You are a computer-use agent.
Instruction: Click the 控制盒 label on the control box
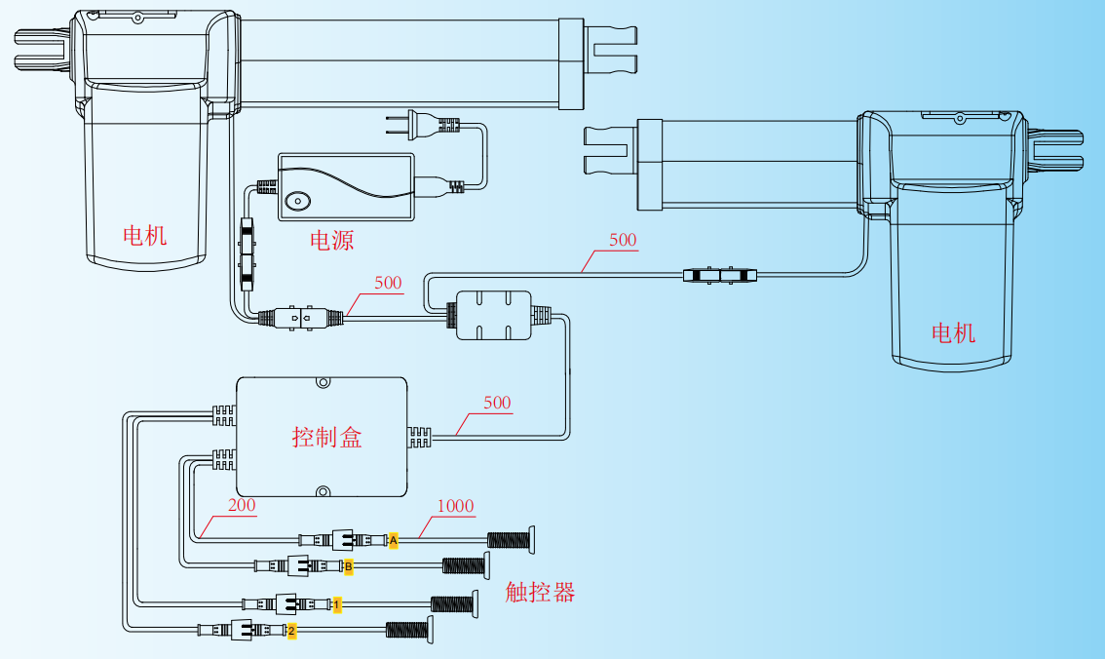point(326,437)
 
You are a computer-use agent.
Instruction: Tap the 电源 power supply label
point(331,240)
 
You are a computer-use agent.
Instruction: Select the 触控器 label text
point(540,592)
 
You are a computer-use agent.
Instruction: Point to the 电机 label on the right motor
point(953,333)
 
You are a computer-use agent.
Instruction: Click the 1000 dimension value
point(455,506)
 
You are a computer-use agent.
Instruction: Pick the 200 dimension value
point(242,506)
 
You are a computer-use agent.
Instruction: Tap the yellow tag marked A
point(394,540)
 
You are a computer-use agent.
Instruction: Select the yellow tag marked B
point(348,565)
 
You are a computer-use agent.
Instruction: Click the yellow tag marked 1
point(336,605)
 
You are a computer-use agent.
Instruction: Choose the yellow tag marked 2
point(290,631)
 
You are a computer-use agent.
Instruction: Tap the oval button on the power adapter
point(298,201)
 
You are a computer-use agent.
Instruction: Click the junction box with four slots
point(494,315)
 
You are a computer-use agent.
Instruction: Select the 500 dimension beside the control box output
point(497,403)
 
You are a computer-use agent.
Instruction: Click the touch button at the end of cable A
point(530,540)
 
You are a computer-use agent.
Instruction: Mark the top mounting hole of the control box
point(324,383)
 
